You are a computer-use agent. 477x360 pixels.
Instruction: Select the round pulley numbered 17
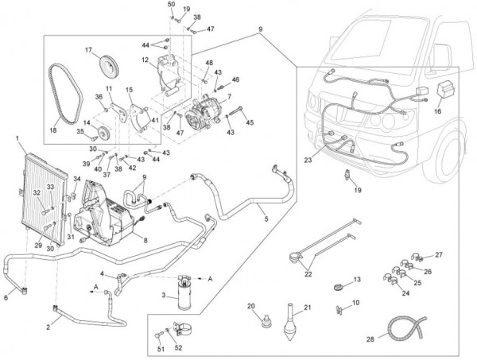pos(107,63)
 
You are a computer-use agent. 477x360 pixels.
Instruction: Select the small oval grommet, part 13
pos(337,284)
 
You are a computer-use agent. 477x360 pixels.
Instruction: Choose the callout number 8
pos(145,239)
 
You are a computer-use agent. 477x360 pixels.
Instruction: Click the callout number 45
pos(250,122)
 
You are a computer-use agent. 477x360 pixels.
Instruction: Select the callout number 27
pos(438,255)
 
